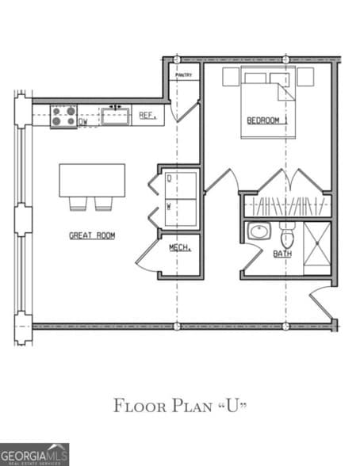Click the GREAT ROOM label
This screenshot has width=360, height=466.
click(92, 235)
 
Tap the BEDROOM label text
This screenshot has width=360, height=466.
click(263, 120)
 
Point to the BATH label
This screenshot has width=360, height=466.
click(281, 254)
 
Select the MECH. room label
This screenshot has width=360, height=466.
click(179, 249)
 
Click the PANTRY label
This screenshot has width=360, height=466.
click(184, 74)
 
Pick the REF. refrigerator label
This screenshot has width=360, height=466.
click(146, 116)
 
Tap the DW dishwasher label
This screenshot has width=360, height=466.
click(82, 123)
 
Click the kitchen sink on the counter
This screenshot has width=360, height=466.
click(116, 116)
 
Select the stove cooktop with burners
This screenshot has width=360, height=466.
click(64, 117)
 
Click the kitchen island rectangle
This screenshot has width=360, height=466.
click(92, 180)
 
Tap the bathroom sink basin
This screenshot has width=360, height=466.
click(259, 232)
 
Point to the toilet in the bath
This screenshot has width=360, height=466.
click(287, 237)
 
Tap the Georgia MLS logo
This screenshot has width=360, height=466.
click(34, 453)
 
